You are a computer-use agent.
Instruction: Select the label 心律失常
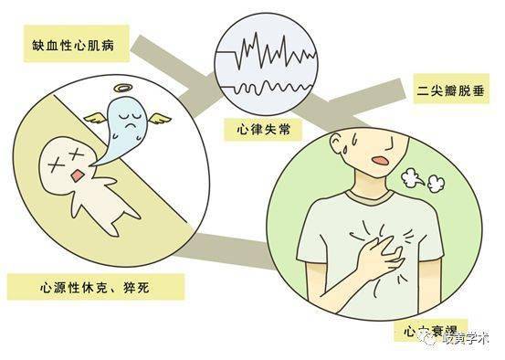[x=265, y=131]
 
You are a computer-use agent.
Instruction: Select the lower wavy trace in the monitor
[x=266, y=86]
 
